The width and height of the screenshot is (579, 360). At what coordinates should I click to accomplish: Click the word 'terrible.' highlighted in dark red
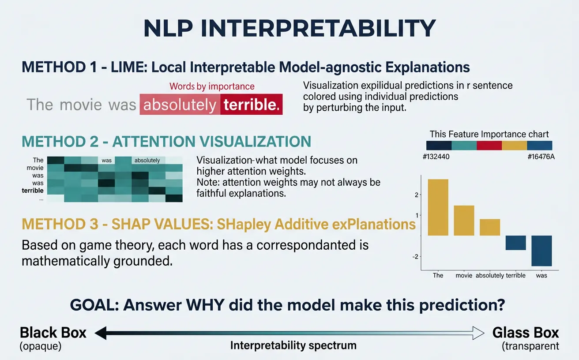click(x=252, y=105)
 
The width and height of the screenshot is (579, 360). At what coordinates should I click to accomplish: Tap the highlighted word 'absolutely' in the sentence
click(x=180, y=105)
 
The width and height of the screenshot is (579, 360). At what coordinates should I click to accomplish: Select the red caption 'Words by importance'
click(x=212, y=86)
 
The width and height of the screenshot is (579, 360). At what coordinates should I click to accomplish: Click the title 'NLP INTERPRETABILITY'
click(x=289, y=29)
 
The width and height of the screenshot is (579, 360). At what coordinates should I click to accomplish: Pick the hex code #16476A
click(x=541, y=157)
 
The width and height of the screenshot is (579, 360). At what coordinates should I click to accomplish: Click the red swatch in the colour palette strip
click(x=489, y=146)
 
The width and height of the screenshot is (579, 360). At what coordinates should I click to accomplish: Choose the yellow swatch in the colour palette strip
click(x=515, y=146)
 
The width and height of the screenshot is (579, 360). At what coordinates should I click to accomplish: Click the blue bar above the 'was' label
click(x=541, y=251)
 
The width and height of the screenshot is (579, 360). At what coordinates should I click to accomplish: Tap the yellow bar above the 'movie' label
click(x=464, y=220)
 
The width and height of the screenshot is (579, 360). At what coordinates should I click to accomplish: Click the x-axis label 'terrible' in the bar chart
click(x=515, y=275)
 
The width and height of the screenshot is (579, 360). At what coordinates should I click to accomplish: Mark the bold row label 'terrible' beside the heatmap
click(x=33, y=191)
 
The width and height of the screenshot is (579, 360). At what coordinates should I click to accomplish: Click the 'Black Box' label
click(x=53, y=333)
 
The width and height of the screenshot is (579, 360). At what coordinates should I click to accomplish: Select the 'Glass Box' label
click(x=526, y=333)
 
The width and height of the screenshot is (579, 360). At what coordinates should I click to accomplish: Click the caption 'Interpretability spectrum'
click(x=293, y=345)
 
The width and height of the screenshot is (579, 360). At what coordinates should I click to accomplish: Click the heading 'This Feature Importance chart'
click(x=489, y=134)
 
